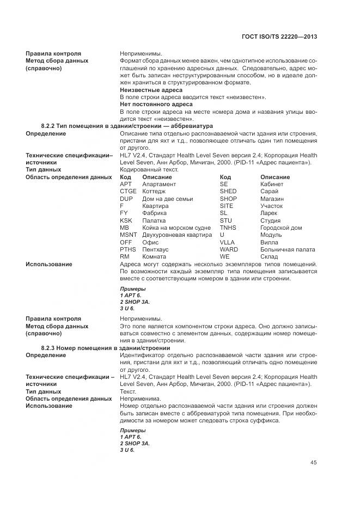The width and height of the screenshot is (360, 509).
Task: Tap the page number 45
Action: tap(313, 463)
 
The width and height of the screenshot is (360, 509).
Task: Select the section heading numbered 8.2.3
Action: tap(106, 347)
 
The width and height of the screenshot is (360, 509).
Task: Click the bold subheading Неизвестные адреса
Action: tap(151, 90)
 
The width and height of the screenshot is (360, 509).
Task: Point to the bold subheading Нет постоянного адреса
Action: tap(156, 104)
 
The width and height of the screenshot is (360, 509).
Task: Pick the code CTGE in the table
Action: tap(128, 192)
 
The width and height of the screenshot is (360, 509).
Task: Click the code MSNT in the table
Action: tap(129, 235)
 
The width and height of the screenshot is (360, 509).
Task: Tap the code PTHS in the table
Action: tap(129, 249)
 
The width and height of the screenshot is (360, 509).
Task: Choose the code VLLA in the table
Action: tap(228, 242)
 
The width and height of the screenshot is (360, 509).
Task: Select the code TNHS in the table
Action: tap(228, 228)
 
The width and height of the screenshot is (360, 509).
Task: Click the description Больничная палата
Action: tap(288, 249)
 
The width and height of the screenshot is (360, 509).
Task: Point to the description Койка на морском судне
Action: tap(175, 228)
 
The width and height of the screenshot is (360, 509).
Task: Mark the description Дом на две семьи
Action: tap(167, 199)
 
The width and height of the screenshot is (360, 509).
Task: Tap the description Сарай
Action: tap(269, 192)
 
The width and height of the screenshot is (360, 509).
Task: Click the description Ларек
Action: tap(270, 213)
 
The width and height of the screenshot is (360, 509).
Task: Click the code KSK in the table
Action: tap(126, 220)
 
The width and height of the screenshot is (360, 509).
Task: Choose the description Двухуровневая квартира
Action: tap(177, 235)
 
